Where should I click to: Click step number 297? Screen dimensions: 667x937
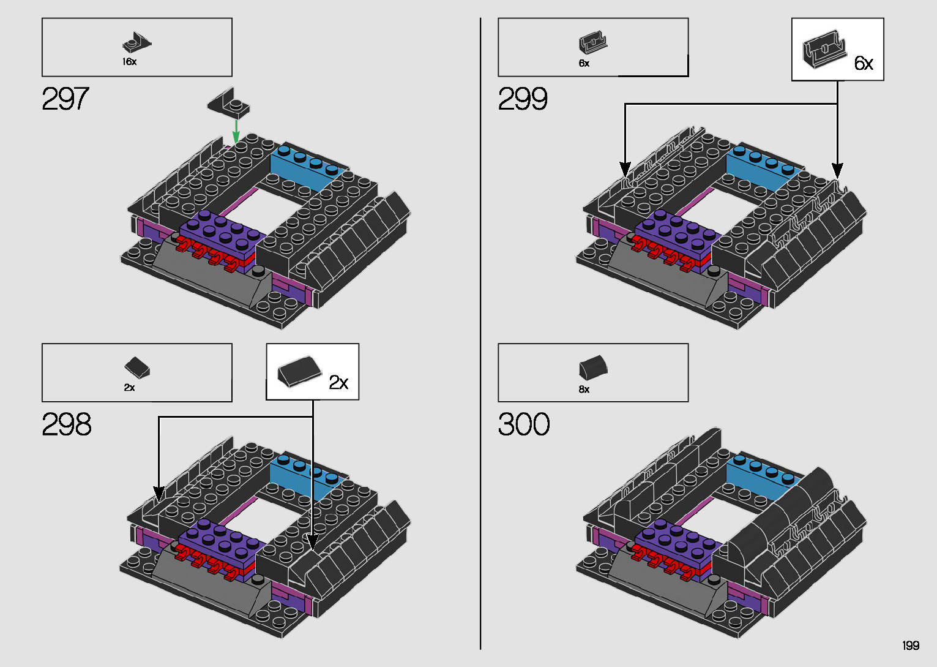click(65, 99)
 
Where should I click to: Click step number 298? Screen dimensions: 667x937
click(67, 424)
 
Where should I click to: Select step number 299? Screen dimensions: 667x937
click(523, 99)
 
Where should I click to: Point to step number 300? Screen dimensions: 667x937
click(524, 424)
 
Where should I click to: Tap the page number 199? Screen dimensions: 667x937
click(911, 646)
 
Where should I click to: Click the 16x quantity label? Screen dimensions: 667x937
click(129, 62)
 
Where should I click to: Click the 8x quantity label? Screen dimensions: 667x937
click(584, 390)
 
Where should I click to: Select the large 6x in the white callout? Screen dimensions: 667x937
click(864, 63)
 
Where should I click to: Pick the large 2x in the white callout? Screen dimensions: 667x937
click(338, 383)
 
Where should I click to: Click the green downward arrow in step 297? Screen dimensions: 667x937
click(236, 130)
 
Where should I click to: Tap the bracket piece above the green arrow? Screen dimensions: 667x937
click(228, 102)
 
